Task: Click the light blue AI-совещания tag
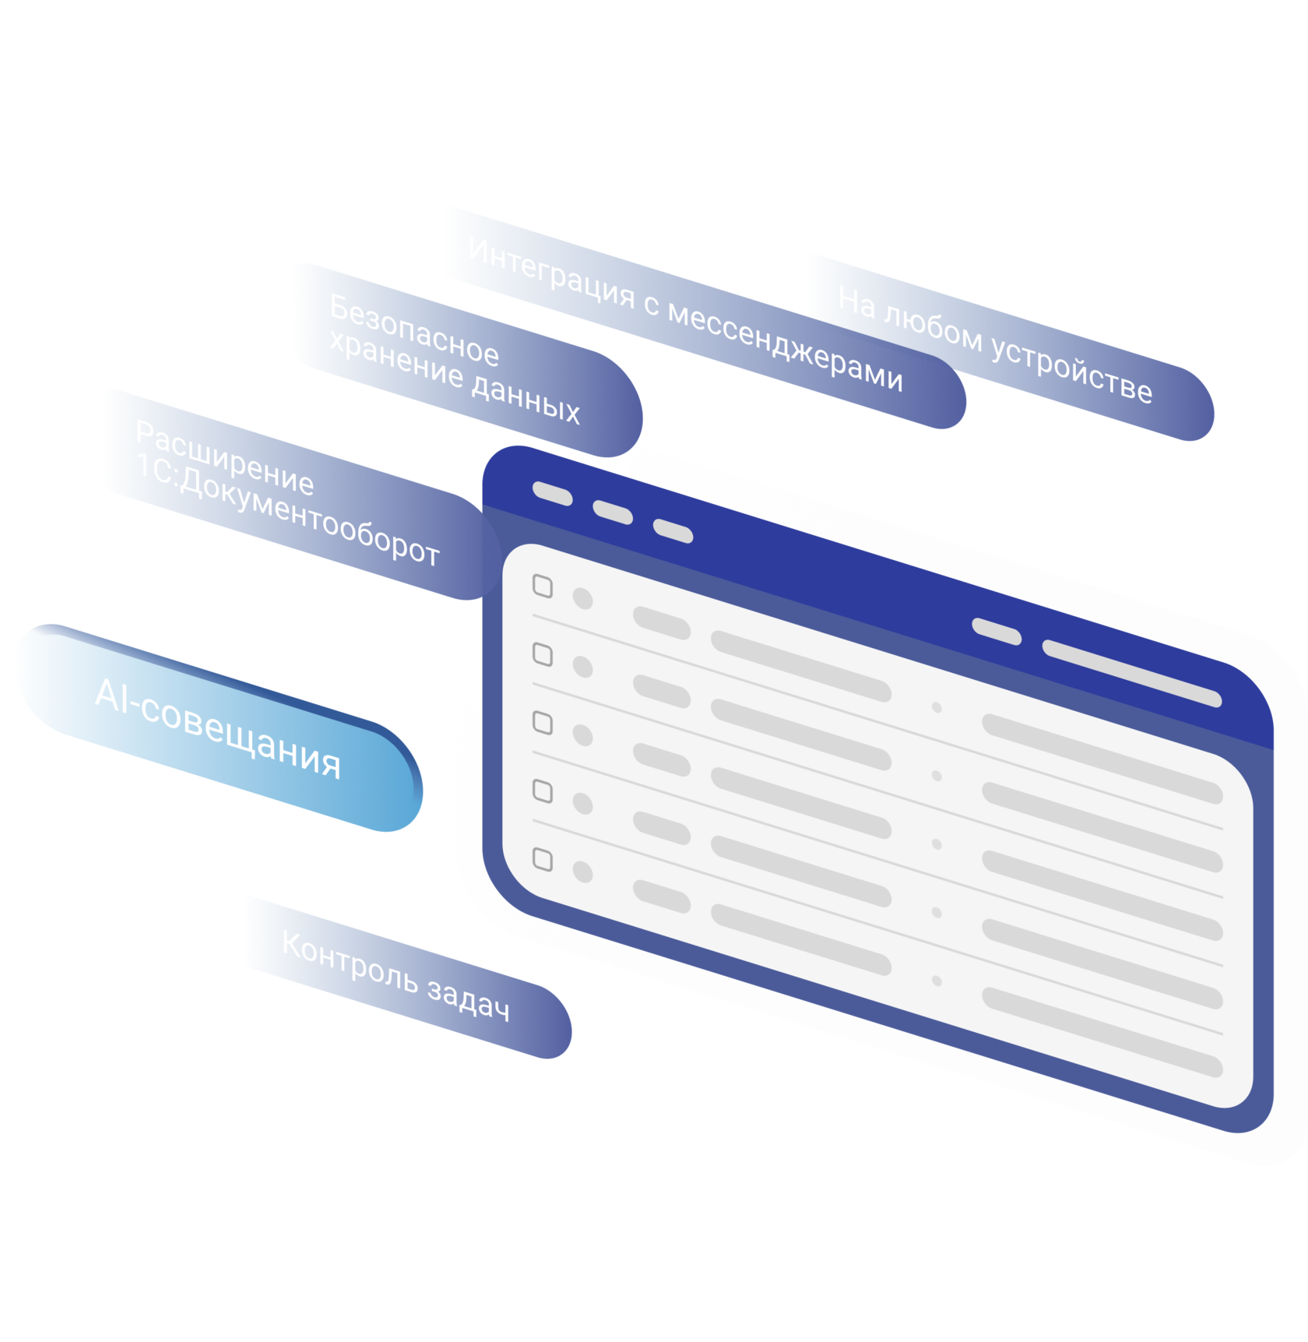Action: (218, 727)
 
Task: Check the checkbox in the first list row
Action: (543, 586)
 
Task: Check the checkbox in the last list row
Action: (543, 860)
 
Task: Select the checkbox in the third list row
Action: (543, 723)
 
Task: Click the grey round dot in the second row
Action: (582, 667)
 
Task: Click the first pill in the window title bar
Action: (553, 493)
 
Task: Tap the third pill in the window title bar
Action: (673, 531)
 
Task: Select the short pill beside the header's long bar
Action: (997, 632)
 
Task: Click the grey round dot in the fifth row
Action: (582, 872)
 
